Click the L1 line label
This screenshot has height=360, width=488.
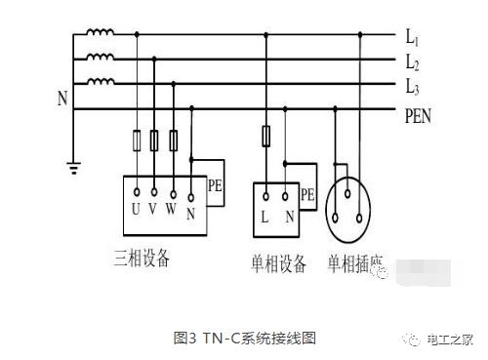point(414,38)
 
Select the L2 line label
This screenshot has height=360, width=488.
point(414,62)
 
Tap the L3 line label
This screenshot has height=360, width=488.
point(414,86)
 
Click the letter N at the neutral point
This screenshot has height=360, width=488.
point(63,99)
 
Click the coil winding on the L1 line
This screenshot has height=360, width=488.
point(100,35)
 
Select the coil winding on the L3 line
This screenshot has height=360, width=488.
point(100,83)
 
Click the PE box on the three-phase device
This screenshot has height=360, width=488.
point(217,183)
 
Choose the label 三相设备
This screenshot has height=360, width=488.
point(140,259)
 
